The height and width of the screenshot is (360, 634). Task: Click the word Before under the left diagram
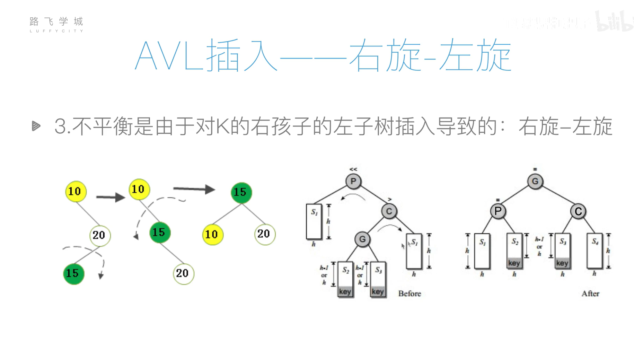410,293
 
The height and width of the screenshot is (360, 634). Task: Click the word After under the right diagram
590,293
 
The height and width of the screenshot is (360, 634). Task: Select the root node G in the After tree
535,181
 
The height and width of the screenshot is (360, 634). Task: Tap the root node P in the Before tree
353,181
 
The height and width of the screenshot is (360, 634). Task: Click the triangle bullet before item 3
36,126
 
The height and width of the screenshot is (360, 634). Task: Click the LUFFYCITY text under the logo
56,31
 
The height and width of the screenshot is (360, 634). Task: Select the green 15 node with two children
241,192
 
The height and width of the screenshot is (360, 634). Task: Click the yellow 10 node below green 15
212,235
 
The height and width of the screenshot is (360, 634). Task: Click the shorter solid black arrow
110,197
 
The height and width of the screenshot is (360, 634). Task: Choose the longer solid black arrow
194,189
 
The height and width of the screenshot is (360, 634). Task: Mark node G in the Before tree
362,239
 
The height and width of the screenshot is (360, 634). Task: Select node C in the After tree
578,211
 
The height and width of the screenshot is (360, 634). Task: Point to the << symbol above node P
353,169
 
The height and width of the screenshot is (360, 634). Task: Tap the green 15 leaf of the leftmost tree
73,273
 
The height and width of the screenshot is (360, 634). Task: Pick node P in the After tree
498,211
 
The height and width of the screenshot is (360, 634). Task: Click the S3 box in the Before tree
378,279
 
